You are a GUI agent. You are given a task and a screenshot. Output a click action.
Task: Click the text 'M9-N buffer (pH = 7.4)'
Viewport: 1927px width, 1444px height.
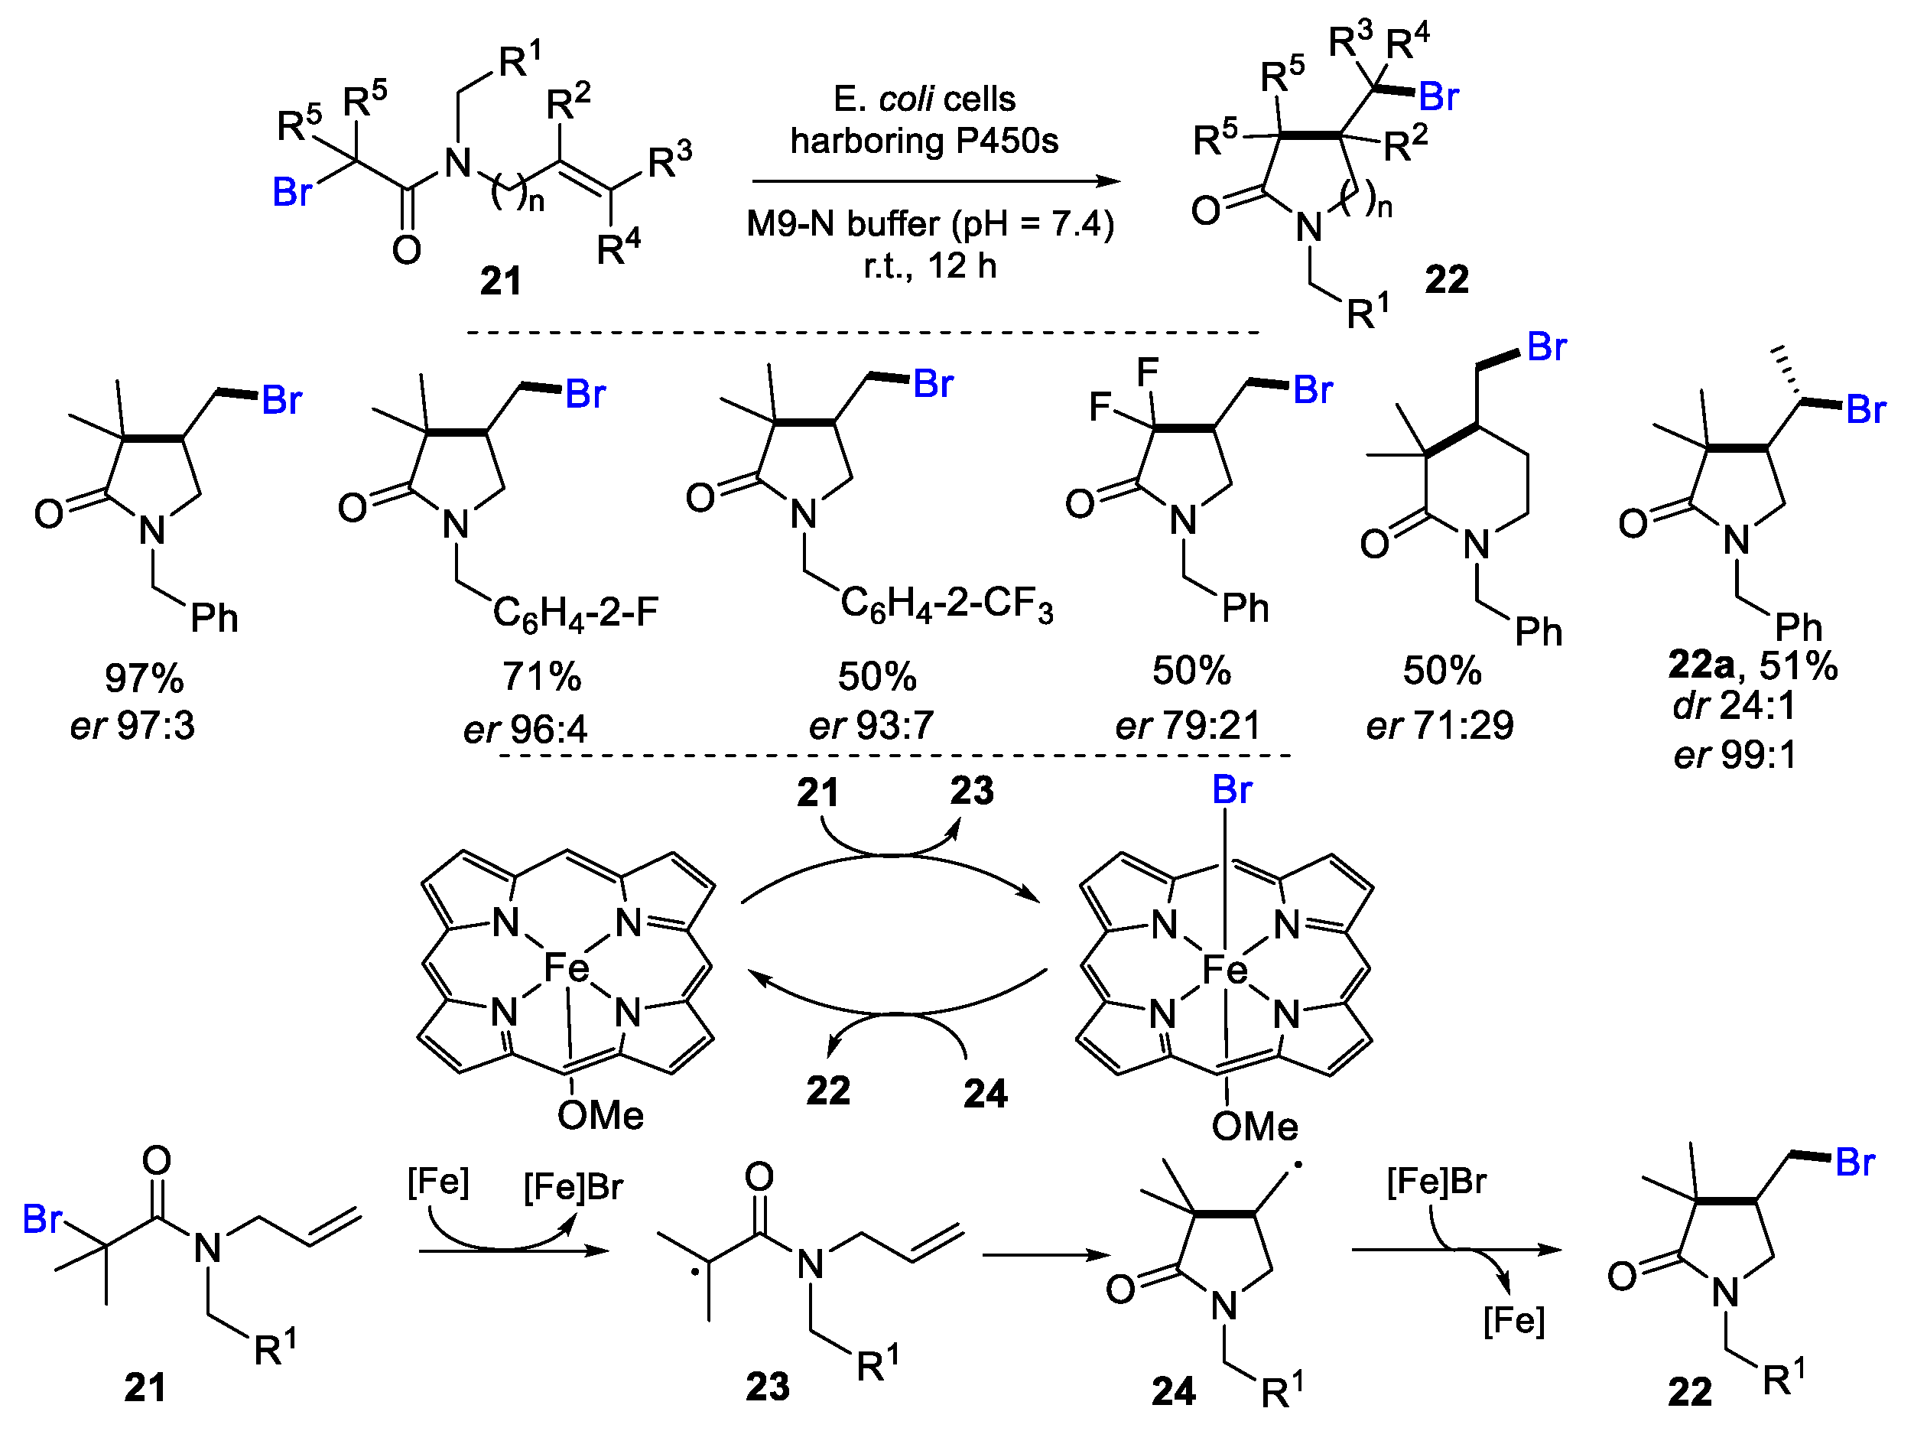930,225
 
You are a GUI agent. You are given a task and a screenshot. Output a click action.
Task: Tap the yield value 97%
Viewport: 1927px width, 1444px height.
144,678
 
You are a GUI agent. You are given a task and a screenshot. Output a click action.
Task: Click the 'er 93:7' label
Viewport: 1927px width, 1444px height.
871,725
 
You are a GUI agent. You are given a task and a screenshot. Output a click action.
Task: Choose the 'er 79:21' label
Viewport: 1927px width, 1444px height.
1188,725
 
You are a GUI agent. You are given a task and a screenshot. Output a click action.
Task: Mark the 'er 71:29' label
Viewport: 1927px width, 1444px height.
1439,725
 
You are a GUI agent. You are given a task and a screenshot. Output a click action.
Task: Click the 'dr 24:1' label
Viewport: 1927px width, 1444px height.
1734,705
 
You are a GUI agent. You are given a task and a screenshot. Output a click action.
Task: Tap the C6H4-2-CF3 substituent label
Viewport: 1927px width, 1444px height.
947,603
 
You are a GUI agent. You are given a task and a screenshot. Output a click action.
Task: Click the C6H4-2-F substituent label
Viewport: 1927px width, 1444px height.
576,612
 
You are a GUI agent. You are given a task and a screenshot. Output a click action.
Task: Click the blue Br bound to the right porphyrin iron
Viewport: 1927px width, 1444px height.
1232,790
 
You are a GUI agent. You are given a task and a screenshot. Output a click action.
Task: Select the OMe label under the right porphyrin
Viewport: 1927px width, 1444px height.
1255,1127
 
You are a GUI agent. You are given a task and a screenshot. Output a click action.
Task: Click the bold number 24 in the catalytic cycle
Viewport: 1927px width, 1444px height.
985,1094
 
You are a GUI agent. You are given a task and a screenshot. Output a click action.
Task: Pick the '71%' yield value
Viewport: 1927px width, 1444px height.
541,677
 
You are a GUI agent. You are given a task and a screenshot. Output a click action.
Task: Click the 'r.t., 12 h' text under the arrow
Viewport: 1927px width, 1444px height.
930,266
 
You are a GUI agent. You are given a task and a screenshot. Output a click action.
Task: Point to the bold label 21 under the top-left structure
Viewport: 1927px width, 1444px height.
501,281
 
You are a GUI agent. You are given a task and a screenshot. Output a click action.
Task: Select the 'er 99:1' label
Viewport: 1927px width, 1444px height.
1734,755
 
